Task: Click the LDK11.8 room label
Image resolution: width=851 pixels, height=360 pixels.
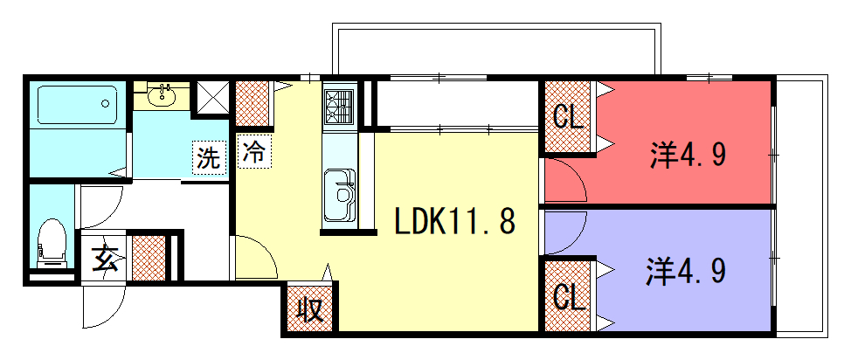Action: tap(455, 221)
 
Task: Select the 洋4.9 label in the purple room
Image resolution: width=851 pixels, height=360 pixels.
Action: tap(686, 272)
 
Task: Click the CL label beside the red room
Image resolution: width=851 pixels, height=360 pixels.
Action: tap(568, 116)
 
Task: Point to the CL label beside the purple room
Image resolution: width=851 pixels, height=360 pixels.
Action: tap(569, 296)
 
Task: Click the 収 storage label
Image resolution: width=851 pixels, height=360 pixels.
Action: tap(310, 311)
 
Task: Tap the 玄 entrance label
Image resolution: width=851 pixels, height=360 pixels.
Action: tap(105, 259)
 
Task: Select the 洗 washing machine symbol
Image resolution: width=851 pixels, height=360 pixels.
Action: tap(210, 158)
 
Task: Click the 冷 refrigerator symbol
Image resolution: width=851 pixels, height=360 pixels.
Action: tap(254, 151)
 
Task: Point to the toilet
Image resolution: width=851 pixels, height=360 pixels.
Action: tap(52, 243)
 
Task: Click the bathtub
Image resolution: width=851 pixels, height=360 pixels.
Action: tap(77, 105)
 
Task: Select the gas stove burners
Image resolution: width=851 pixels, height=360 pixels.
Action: tap(339, 107)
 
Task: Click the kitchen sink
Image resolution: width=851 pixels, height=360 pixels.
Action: tap(340, 194)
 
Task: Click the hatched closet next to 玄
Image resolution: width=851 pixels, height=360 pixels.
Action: tap(149, 258)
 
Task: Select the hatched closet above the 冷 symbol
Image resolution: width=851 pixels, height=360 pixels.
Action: tap(253, 103)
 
